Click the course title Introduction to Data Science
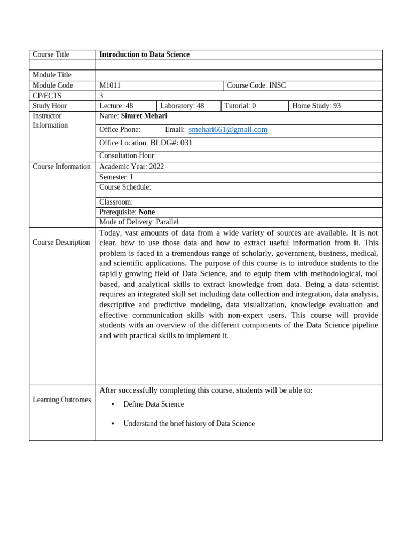point(144,54)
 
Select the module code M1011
point(110,85)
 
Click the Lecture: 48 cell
point(116,106)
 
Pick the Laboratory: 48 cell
point(182,106)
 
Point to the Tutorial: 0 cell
point(240,106)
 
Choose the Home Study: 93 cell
point(316,106)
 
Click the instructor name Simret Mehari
point(144,116)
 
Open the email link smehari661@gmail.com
point(228,130)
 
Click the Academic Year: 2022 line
point(131,167)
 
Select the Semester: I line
point(116,177)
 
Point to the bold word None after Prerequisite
point(147,212)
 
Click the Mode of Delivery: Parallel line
point(139,222)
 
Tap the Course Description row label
point(61,243)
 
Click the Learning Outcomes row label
point(61,400)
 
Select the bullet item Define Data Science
point(153,404)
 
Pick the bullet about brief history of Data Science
point(188,424)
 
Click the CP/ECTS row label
point(47,96)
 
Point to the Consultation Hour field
point(128,156)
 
